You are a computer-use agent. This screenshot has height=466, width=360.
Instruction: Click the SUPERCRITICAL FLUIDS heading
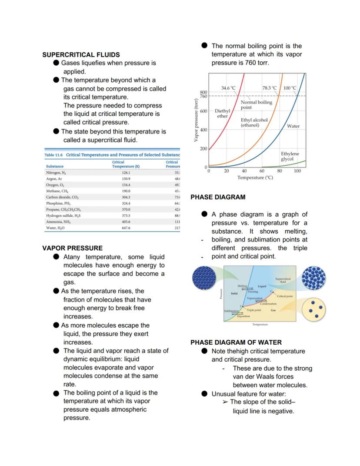[81, 55]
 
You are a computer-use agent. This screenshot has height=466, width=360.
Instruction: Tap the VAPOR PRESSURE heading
[72, 248]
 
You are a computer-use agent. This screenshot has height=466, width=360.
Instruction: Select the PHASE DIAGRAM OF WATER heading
[236, 342]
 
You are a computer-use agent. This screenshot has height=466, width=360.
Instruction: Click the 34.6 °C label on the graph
[228, 88]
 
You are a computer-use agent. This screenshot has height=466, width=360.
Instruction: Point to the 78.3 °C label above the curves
[270, 88]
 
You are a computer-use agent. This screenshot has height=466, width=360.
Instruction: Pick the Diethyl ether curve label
[222, 114]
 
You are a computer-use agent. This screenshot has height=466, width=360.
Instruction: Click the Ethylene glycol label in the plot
[290, 157]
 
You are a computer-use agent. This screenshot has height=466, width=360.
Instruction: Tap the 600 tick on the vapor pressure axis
[203, 111]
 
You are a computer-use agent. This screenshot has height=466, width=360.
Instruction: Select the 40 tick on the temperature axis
[244, 171]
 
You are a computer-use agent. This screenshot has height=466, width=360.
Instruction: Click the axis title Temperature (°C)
[255, 178]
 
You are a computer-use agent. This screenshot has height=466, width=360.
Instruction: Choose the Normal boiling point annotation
[256, 104]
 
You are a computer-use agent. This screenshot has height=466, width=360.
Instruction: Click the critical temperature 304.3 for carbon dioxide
[126, 197]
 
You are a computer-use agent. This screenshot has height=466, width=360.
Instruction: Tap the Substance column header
[54, 166]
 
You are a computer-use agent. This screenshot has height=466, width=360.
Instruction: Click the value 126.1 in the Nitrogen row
[126, 173]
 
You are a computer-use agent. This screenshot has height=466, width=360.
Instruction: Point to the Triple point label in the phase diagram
[253, 310]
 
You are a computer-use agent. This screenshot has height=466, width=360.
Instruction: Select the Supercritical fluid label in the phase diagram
[283, 280]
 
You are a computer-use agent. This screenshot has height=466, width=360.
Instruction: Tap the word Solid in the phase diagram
[234, 294]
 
